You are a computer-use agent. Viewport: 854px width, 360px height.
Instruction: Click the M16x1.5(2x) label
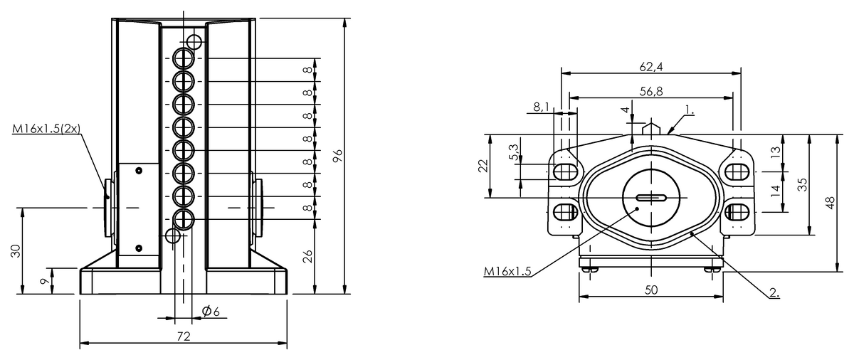coord(47,129)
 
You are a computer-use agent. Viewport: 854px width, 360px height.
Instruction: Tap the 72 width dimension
coord(183,336)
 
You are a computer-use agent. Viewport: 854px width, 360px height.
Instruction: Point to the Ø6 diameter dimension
coord(210,312)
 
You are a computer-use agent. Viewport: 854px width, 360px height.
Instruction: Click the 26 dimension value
coord(307,255)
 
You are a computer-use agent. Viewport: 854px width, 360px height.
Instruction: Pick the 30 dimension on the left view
coord(15,250)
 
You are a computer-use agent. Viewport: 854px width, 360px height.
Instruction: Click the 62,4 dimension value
coord(651,67)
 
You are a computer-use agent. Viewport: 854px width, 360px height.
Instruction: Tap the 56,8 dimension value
coord(651,91)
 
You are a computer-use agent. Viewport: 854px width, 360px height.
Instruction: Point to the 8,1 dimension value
coord(541,107)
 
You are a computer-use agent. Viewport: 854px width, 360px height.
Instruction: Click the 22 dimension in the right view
coord(483,166)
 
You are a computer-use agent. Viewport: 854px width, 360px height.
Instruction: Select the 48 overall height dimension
coord(829,203)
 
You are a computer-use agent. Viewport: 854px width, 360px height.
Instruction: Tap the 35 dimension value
coord(802,184)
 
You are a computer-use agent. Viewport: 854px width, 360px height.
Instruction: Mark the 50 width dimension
coord(650,290)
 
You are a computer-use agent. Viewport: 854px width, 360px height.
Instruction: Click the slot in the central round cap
coord(651,198)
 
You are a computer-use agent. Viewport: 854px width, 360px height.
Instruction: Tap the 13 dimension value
coord(775,151)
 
